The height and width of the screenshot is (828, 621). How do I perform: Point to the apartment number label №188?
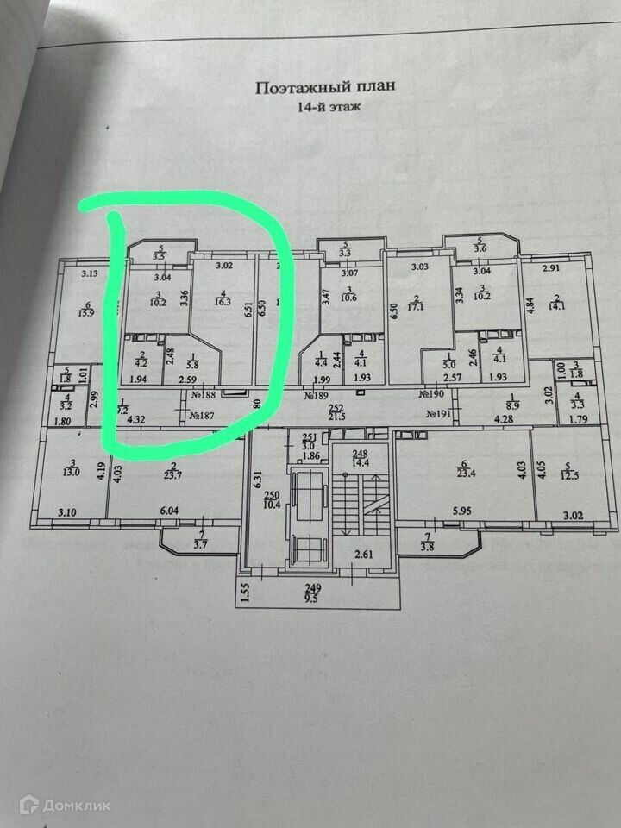pos(203,395)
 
